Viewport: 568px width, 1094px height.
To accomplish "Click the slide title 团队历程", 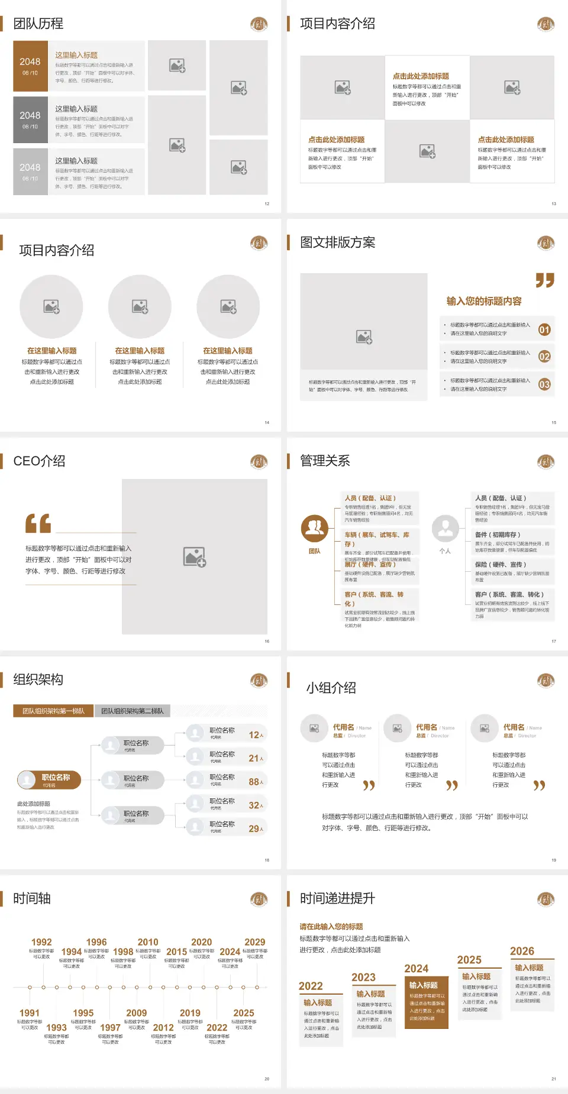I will pyautogui.click(x=38, y=24).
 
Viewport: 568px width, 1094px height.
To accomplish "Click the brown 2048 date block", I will pyautogui.click(x=30, y=66).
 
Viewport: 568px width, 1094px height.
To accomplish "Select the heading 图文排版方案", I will pyautogui.click(x=337, y=242).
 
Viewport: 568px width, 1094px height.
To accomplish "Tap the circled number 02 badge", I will pyautogui.click(x=544, y=357).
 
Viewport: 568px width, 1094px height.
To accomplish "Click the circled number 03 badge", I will pyautogui.click(x=544, y=384).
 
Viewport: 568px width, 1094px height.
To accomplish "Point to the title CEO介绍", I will pyautogui.click(x=39, y=461).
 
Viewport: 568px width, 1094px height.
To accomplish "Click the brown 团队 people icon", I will pyautogui.click(x=315, y=529).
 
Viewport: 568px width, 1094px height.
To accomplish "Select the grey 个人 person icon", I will pyautogui.click(x=445, y=529).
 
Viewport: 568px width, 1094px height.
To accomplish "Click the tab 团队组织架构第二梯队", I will pyautogui.click(x=132, y=711).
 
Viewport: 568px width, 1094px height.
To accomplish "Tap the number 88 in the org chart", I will pyautogui.click(x=254, y=782).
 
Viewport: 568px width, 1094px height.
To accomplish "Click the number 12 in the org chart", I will pyautogui.click(x=254, y=735).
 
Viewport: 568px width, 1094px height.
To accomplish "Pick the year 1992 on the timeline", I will pyautogui.click(x=41, y=942).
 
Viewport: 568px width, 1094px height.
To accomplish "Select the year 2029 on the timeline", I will pyautogui.click(x=254, y=942).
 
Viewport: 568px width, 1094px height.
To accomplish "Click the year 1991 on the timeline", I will pyautogui.click(x=30, y=1013).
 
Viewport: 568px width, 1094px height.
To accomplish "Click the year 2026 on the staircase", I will pyautogui.click(x=522, y=951).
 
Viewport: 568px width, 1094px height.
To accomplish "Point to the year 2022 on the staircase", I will pyautogui.click(x=311, y=986).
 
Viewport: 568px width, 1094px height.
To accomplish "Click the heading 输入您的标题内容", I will pyautogui.click(x=484, y=301).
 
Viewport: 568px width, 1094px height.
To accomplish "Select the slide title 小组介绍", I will pyautogui.click(x=331, y=688).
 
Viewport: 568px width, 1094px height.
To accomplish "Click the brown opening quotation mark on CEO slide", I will pyautogui.click(x=38, y=523).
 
